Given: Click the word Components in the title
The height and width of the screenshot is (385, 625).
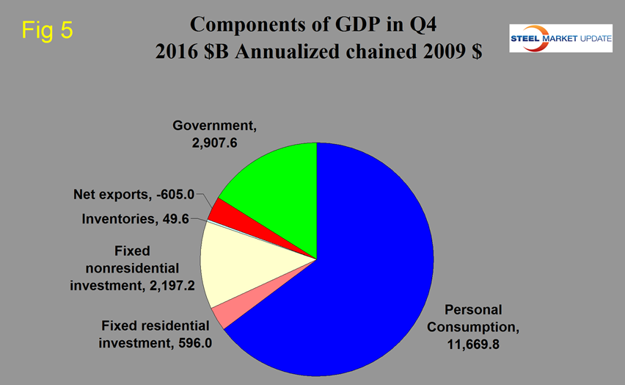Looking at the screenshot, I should point(243,24).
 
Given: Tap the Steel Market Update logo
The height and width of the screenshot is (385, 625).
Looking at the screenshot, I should point(560,38).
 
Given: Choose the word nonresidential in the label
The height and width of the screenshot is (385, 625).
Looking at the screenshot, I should point(132,267).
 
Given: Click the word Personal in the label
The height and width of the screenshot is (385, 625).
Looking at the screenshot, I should point(472,309).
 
